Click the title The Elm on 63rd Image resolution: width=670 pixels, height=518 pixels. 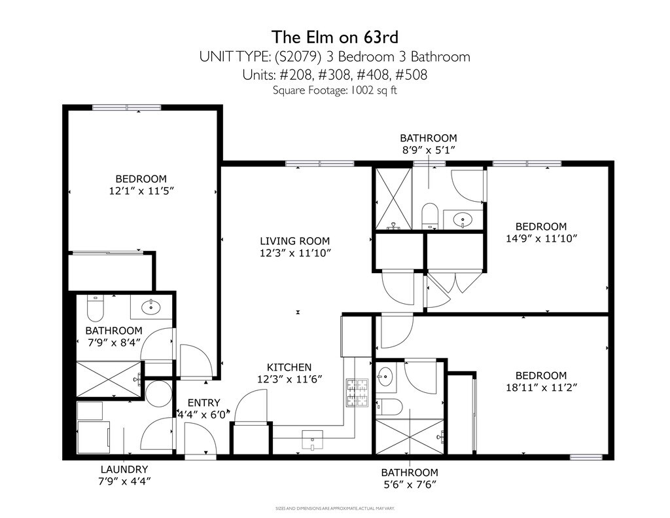(335, 37)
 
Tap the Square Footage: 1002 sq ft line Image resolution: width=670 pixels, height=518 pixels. (335, 90)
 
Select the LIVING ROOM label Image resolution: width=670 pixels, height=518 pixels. (295, 241)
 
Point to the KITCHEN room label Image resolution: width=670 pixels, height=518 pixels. (289, 367)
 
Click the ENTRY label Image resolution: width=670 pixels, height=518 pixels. (204, 403)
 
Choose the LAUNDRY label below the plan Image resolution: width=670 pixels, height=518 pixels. (124, 470)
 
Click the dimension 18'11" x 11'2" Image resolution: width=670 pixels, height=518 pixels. (541, 388)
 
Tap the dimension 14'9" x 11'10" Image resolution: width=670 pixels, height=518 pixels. (541, 238)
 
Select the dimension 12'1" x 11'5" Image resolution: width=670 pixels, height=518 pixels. (141, 191)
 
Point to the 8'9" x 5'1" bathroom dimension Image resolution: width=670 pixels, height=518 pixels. (428, 150)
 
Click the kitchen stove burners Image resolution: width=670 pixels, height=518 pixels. (357, 393)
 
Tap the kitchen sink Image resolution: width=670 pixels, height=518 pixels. (312, 440)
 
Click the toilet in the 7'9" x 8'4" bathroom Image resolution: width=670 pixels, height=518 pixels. (96, 308)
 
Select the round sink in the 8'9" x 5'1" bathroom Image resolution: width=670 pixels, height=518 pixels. (463, 220)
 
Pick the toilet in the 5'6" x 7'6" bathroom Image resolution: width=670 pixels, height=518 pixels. (389, 407)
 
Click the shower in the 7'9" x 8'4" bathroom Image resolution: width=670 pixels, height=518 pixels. (109, 379)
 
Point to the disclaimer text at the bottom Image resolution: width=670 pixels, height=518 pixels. (335, 509)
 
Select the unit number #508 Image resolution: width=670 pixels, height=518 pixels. (411, 75)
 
